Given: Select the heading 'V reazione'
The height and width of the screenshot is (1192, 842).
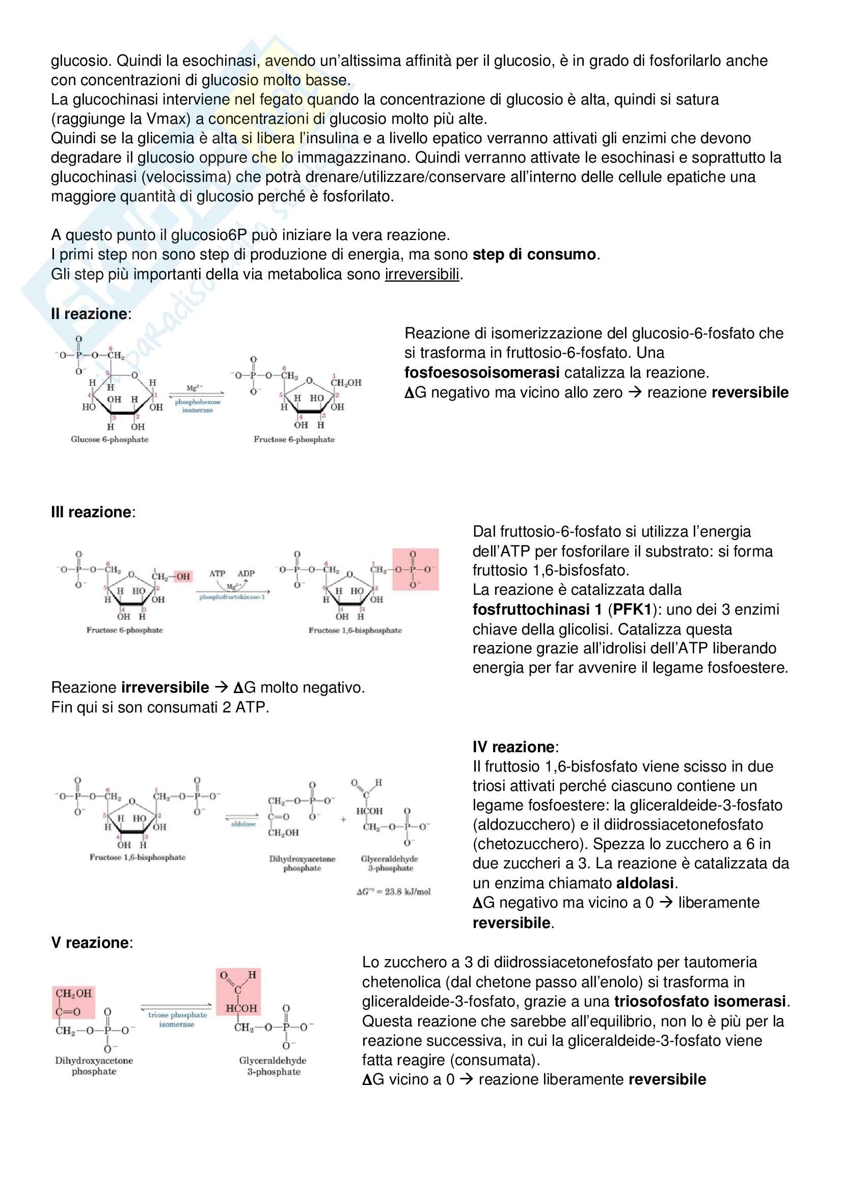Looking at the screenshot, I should (x=91, y=943).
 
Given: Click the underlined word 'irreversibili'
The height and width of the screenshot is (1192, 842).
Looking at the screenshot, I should (x=422, y=274).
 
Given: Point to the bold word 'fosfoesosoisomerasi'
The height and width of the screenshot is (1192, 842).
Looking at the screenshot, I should (x=481, y=373).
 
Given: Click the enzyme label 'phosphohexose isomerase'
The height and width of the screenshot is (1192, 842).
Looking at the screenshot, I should (x=197, y=406).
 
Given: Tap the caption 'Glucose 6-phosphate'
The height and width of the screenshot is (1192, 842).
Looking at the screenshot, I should (x=110, y=439).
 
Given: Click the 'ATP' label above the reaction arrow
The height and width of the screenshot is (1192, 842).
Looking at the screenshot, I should (x=218, y=574).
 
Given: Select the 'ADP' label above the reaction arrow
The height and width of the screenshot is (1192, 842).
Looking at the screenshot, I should (x=246, y=574).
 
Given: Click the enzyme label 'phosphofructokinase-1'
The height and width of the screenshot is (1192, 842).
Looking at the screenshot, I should (x=232, y=597).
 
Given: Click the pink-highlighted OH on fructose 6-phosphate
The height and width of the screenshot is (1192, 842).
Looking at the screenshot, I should (x=183, y=576).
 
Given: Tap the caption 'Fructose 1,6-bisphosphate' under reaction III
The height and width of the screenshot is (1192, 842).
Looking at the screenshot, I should (x=355, y=630).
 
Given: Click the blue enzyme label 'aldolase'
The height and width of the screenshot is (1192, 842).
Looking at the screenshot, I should (x=243, y=824).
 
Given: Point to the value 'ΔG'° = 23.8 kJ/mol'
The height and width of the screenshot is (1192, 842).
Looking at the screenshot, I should (x=393, y=892).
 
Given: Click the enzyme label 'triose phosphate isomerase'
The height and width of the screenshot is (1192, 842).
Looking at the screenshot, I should (x=177, y=1020).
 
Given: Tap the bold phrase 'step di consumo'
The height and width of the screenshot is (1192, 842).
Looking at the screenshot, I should (x=534, y=254).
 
